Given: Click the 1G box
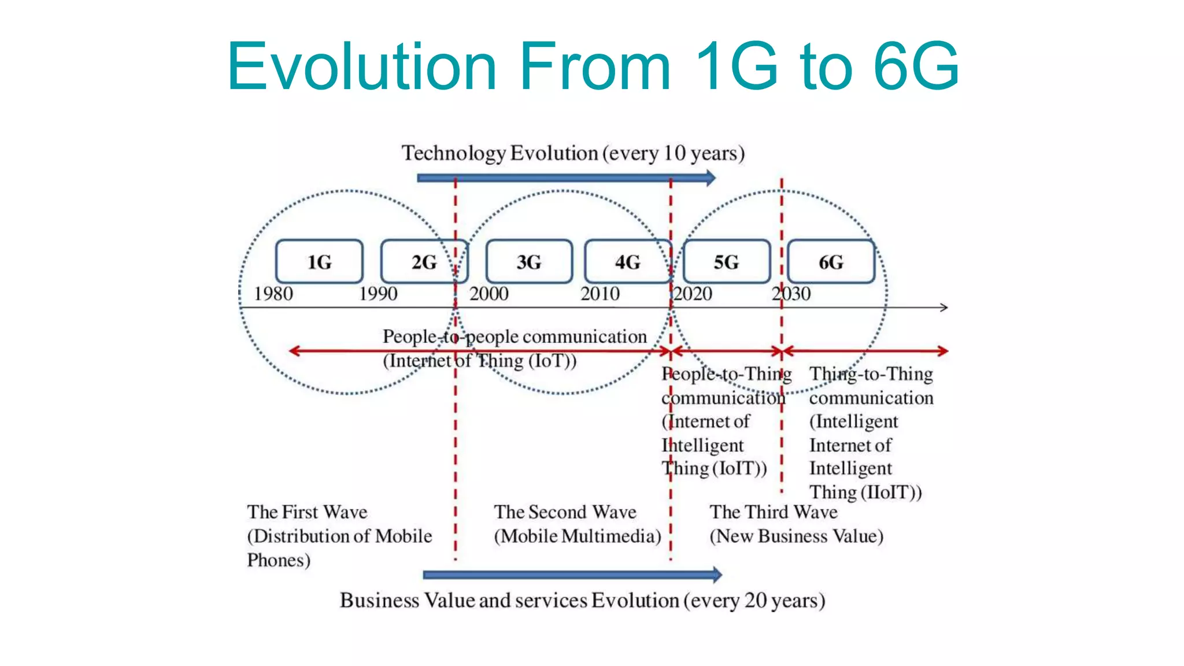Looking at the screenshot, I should tap(319, 262).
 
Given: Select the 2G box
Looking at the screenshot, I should tap(424, 262).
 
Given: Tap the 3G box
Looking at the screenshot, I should tap(529, 262).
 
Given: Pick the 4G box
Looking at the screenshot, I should tap(628, 262).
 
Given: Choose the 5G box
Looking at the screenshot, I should tap(727, 262).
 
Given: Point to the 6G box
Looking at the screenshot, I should tap(831, 262).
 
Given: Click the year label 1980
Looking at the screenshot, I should tap(273, 294).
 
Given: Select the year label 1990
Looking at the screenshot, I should tap(378, 294).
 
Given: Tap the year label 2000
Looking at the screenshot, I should tap(489, 294).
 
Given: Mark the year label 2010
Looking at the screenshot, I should tap(600, 294).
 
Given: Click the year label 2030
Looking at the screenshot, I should tap(791, 294).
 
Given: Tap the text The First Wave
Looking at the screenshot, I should tap(307, 512).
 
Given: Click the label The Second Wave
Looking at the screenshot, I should tap(565, 512).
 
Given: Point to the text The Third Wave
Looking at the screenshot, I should tap(774, 512).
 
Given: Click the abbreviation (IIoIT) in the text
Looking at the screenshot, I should tap(891, 493).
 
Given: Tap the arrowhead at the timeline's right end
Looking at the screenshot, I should tap(943, 308).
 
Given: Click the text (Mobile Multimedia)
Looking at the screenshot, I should tap(577, 536).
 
